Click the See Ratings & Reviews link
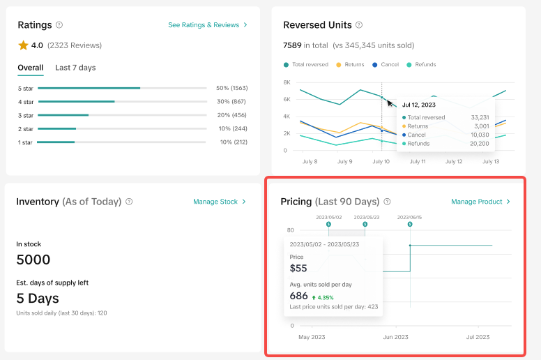coord(207,25)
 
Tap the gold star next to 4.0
coord(23,45)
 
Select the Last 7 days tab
coord(75,68)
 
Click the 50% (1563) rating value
coord(232,88)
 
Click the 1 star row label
coord(25,142)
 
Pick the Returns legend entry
coord(350,65)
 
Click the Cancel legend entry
coord(386,65)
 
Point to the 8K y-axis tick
coord(287,82)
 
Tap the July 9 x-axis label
coord(344,161)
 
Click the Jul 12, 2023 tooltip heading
coord(419,105)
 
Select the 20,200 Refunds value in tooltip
coord(479,144)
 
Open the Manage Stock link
coord(220,202)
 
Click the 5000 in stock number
coord(33,260)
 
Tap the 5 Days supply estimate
coord(38,298)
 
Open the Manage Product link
coord(480,202)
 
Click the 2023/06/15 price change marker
coord(410,225)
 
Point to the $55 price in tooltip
coord(298,268)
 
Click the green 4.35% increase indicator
coord(323,297)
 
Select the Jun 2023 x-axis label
coord(396,337)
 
